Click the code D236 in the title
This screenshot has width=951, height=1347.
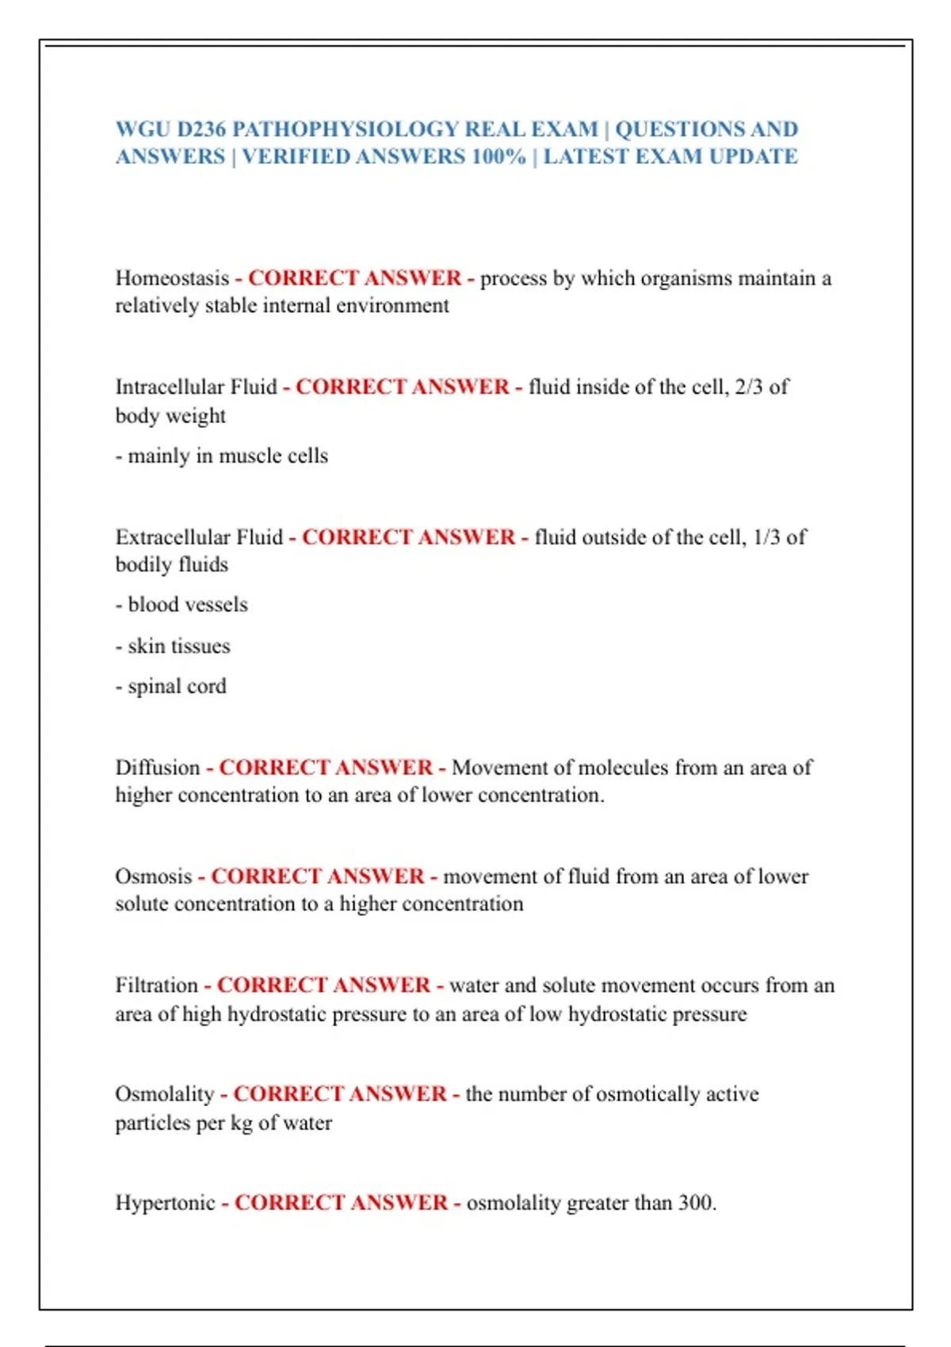coord(201,129)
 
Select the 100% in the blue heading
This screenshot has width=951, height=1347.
coord(498,157)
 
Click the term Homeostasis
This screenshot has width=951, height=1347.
coord(172,278)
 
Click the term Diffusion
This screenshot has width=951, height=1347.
coord(158,768)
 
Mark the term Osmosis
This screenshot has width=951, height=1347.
coord(154,876)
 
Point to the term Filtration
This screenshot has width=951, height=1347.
coord(157,986)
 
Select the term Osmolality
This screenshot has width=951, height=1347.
coord(165,1094)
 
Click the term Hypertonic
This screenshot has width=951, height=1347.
coord(166,1203)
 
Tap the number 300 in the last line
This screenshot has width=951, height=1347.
coord(695,1203)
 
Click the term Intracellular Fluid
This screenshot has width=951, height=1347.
coord(197,387)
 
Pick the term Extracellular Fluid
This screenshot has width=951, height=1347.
coord(199,537)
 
